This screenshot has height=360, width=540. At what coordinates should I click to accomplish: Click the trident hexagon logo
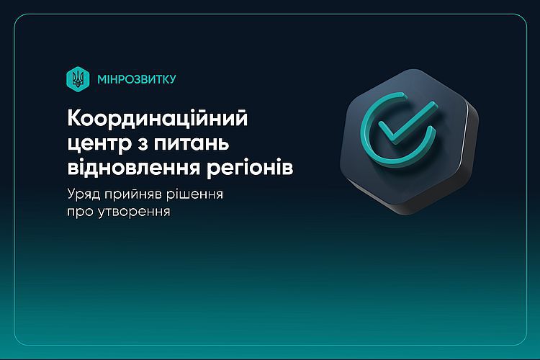tap(78, 79)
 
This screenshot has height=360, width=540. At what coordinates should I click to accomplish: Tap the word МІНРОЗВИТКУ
tap(137, 79)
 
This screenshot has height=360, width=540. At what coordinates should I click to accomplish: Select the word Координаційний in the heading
tap(158, 118)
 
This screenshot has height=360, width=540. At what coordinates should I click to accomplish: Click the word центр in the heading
tap(99, 144)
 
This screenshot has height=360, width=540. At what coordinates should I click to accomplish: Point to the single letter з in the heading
tap(143, 143)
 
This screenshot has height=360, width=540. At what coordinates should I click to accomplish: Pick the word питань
tap(192, 143)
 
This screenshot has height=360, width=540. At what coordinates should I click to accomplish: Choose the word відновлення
tap(134, 168)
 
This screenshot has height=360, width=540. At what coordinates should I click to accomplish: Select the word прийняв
tap(133, 194)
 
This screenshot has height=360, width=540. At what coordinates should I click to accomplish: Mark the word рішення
tap(194, 194)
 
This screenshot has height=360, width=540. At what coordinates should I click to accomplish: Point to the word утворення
tap(135, 212)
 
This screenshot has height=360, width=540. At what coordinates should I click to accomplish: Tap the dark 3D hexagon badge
tap(409, 141)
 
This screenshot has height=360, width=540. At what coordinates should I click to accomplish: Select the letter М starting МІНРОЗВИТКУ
tap(103, 80)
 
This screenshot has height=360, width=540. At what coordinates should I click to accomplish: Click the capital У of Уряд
tap(72, 194)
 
